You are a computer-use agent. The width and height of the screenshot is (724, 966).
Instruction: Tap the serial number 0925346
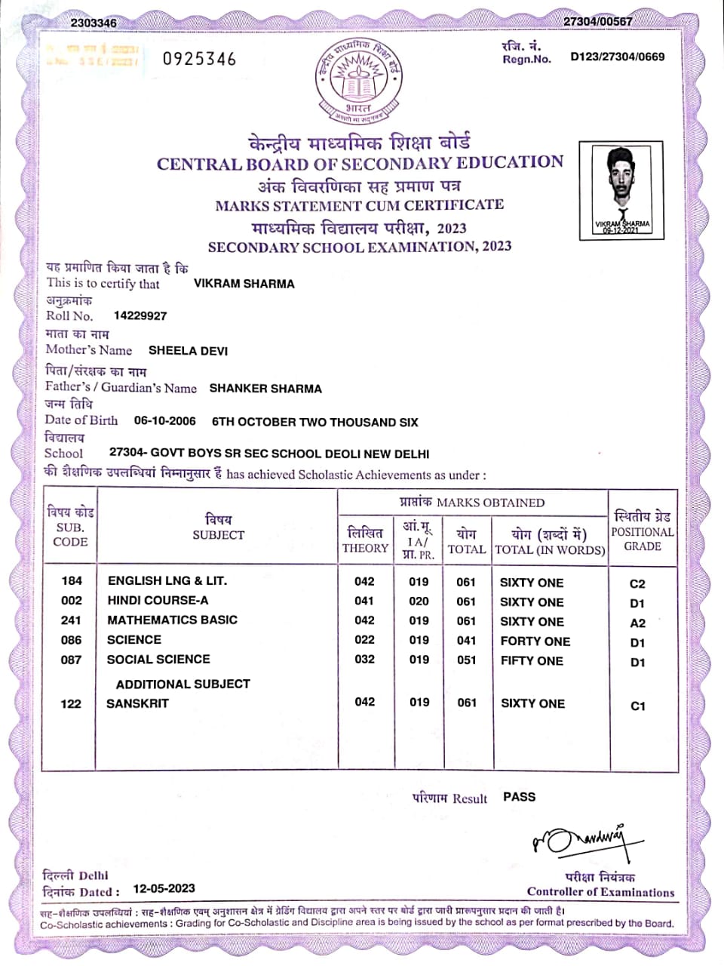(x=199, y=59)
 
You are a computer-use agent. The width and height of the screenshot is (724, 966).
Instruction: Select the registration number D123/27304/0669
(x=617, y=57)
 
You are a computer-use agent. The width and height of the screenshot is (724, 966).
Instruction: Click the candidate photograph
(x=621, y=189)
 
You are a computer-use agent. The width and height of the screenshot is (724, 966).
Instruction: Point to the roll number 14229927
(x=140, y=315)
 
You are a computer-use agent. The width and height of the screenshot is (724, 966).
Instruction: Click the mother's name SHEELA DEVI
(x=188, y=351)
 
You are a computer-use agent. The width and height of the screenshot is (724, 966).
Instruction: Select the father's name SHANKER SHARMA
(x=265, y=389)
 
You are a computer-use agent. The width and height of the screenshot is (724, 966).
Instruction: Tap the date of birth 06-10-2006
(x=164, y=421)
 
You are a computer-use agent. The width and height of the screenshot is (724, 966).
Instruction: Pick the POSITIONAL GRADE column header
(x=643, y=531)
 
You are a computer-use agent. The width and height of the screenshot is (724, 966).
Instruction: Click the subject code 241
(x=72, y=620)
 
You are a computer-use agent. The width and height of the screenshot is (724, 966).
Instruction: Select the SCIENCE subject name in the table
(x=134, y=640)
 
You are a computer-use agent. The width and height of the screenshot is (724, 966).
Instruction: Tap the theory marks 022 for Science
(x=364, y=640)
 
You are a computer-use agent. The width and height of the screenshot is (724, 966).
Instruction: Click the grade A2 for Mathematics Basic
(x=637, y=623)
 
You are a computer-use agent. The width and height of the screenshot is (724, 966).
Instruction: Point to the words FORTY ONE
(x=535, y=641)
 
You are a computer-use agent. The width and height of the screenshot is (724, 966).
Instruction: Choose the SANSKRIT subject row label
(x=137, y=703)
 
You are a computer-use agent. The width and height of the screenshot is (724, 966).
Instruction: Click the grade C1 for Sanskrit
(x=637, y=706)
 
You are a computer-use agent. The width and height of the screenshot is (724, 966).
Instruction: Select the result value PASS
(x=519, y=797)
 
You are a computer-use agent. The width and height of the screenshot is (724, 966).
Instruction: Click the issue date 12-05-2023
(x=164, y=888)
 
